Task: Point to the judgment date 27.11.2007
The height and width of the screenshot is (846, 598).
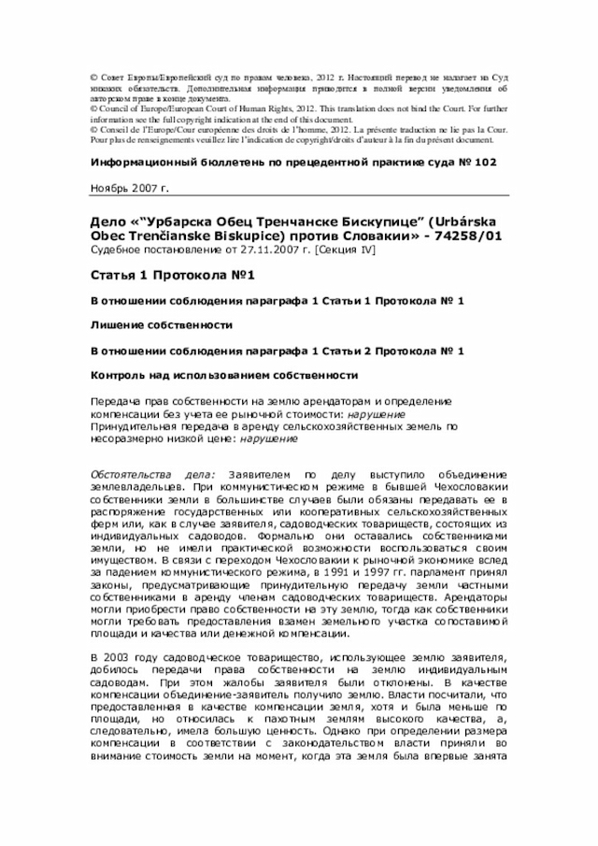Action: (x=259, y=250)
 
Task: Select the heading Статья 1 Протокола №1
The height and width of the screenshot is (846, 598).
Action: (x=166, y=276)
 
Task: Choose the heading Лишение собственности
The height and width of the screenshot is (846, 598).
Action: (x=161, y=324)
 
